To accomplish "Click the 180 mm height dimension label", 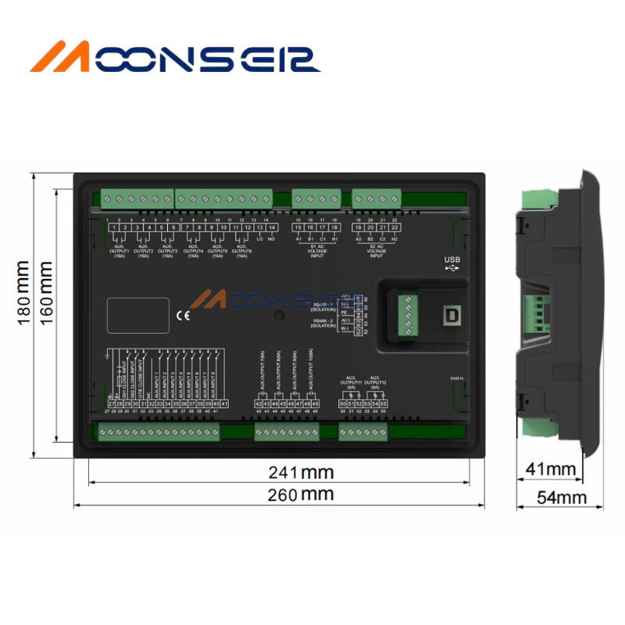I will click(x=23, y=293).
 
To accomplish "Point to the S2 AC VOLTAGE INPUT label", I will click(x=377, y=251).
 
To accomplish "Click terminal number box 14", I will click(x=271, y=227).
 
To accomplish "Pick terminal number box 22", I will click(x=395, y=227).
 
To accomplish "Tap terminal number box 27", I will click(x=111, y=403).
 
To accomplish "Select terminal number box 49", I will click(x=316, y=403).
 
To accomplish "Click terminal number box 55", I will click(x=383, y=403).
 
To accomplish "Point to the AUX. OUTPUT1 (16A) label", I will click(x=120, y=250).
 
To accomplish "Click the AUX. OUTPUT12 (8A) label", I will click(x=375, y=382).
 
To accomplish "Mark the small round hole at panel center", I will click(x=279, y=316).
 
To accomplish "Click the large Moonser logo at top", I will click(x=175, y=59).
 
